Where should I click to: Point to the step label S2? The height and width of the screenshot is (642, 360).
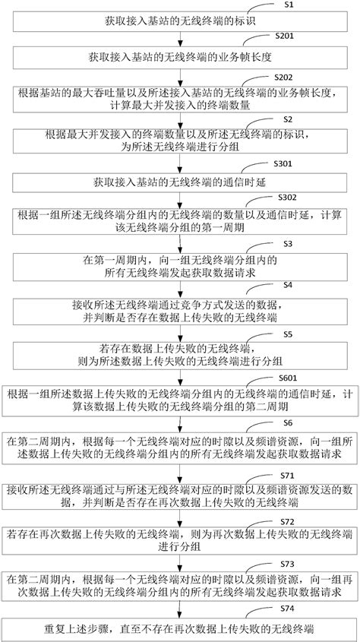pos(287,120)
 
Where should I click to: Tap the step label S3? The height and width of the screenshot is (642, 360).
pos(287,243)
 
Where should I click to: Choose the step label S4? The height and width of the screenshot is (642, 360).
pos(287,285)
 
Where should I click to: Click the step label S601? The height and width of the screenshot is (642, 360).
pos(289,376)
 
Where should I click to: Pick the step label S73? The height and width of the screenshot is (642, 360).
pos(287,565)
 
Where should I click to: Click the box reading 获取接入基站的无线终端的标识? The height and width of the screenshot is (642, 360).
pos(179,21)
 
